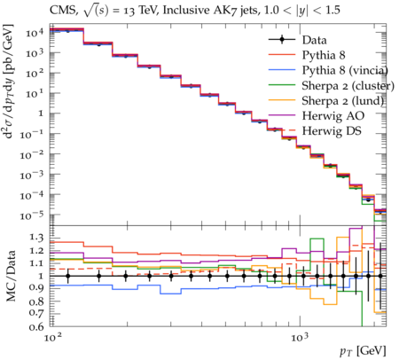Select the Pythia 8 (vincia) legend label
[x=345, y=70]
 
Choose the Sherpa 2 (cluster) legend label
[x=348, y=86]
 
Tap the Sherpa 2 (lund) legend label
[x=342, y=101]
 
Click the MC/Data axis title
[x=11, y=276]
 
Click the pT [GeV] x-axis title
[x=363, y=351]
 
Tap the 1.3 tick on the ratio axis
[x=36, y=238]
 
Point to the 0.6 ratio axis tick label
[x=36, y=326]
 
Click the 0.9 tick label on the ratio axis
[x=36, y=287]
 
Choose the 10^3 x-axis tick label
[x=300, y=337]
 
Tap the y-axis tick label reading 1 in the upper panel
[x=41, y=113]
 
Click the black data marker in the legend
[x=282, y=40]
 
